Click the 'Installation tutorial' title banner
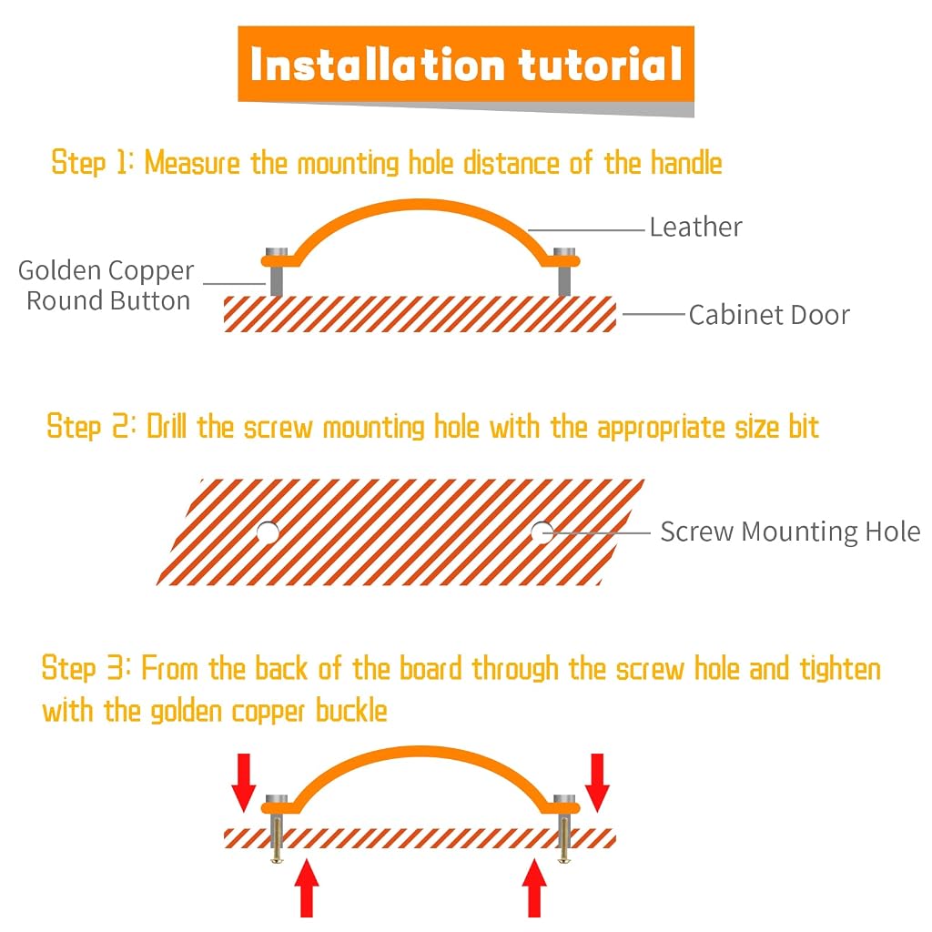pyautogui.click(x=466, y=65)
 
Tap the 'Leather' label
pyautogui.click(x=695, y=227)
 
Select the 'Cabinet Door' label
pyautogui.click(x=769, y=315)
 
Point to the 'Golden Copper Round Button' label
pyautogui.click(x=106, y=285)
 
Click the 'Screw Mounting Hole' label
pyautogui.click(x=790, y=532)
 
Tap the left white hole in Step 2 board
pyautogui.click(x=268, y=532)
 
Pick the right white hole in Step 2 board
pyautogui.click(x=542, y=532)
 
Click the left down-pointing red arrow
pyautogui.click(x=244, y=782)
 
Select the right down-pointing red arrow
pyautogui.click(x=597, y=782)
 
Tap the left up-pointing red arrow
pyautogui.click(x=307, y=888)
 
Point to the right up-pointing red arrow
pyautogui.click(x=534, y=888)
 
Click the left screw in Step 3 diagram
pyautogui.click(x=277, y=839)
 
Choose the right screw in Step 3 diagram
pyautogui.click(x=564, y=839)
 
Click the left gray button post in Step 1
pyautogui.click(x=277, y=271)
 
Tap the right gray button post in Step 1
pyautogui.click(x=564, y=271)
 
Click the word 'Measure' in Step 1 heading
pyautogui.click(x=192, y=162)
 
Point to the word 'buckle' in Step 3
pyautogui.click(x=351, y=710)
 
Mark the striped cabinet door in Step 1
pyautogui.click(x=420, y=314)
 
